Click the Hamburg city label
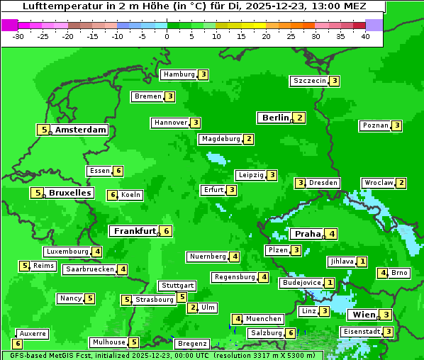pos(179,74)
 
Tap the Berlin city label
pos(275,118)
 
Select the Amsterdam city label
pos(81,130)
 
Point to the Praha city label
pos(308,234)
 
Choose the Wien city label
pos(364,315)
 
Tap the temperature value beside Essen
pos(118,171)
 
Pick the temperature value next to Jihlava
pos(362,261)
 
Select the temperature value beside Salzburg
pos(291,333)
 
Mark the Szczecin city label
pos(310,81)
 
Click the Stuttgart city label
pos(177,286)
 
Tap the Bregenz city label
pos(192,344)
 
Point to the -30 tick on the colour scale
pos(18,35)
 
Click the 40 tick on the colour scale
pos(365,35)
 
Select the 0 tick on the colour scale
pos(167,35)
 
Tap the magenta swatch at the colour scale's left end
pos(9,24)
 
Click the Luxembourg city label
pos(67,252)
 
